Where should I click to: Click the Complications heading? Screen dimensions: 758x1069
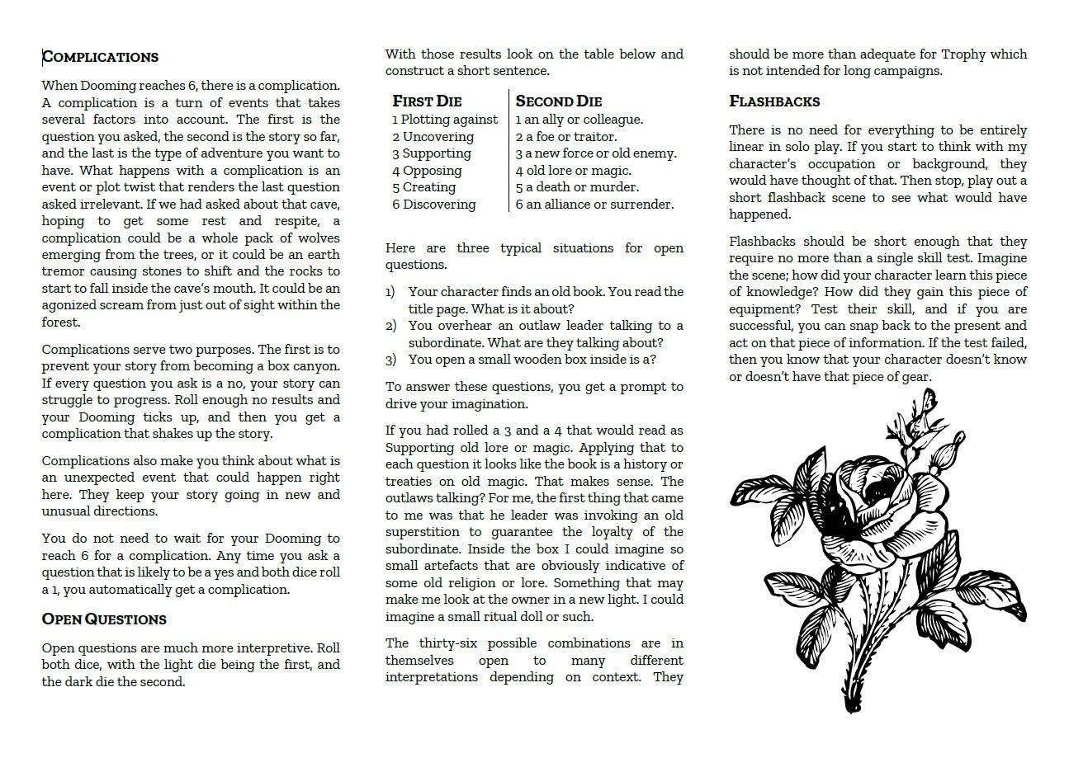100,57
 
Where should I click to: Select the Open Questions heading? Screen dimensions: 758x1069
104,619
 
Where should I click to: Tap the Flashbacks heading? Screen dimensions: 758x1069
774,101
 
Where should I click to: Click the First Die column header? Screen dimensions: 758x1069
427,101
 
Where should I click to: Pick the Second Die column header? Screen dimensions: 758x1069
559,101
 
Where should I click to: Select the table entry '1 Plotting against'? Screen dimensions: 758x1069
445,120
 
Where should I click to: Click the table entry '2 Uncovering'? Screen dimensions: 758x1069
433,137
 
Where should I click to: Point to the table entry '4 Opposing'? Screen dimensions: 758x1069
427,171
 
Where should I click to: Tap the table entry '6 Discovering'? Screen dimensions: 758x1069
434,205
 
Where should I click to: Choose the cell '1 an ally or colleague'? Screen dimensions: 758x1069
579,120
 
